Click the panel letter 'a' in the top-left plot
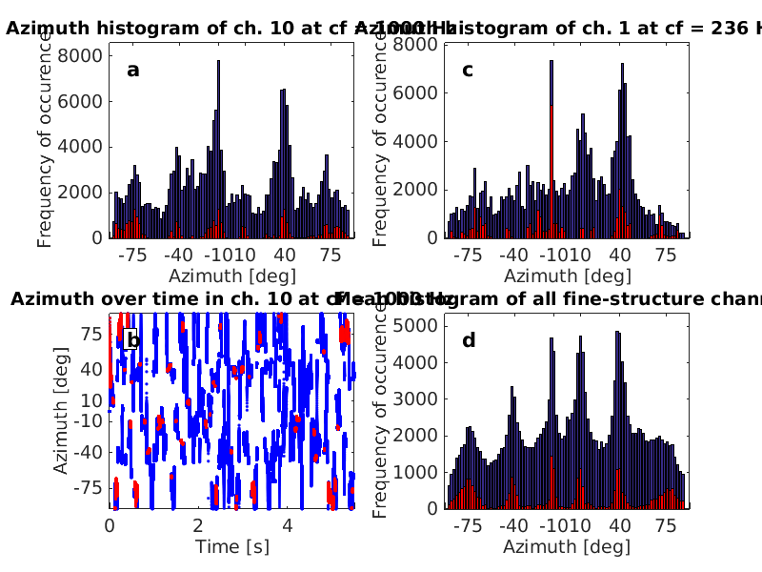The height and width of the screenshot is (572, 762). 133,69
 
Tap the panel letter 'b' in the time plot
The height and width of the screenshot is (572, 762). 133,340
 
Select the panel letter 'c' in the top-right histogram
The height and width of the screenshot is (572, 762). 468,69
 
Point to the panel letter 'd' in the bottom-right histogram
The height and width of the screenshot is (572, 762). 468,340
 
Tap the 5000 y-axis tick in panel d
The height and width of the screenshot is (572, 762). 417,326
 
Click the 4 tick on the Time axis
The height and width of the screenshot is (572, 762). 287,524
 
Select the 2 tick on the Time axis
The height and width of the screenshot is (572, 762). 198,524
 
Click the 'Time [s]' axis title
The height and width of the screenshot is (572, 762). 231,546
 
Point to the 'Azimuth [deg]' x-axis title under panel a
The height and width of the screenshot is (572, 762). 231,276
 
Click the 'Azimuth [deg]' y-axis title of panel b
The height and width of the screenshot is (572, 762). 61,410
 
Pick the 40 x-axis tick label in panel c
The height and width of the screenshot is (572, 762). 620,255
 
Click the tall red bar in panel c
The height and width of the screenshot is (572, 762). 551,172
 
